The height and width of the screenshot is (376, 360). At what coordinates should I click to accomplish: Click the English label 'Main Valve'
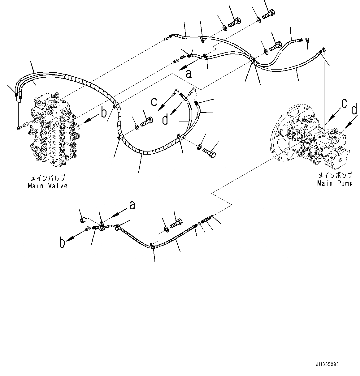point(47,186)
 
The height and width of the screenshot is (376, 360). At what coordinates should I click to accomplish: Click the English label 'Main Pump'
point(335,183)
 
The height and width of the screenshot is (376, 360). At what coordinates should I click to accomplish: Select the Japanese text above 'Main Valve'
point(47,178)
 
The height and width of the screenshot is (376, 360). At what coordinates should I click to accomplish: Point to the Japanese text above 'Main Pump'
point(335,176)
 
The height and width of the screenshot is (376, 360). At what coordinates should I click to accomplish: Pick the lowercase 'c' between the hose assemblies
point(154,102)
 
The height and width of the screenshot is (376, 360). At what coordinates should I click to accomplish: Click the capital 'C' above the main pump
point(343,104)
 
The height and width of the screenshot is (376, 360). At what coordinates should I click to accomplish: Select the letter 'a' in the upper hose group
point(188,73)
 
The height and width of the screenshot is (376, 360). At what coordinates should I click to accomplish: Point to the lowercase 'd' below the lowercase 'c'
point(166,119)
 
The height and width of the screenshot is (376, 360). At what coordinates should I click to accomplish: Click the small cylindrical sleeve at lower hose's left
point(83,220)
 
